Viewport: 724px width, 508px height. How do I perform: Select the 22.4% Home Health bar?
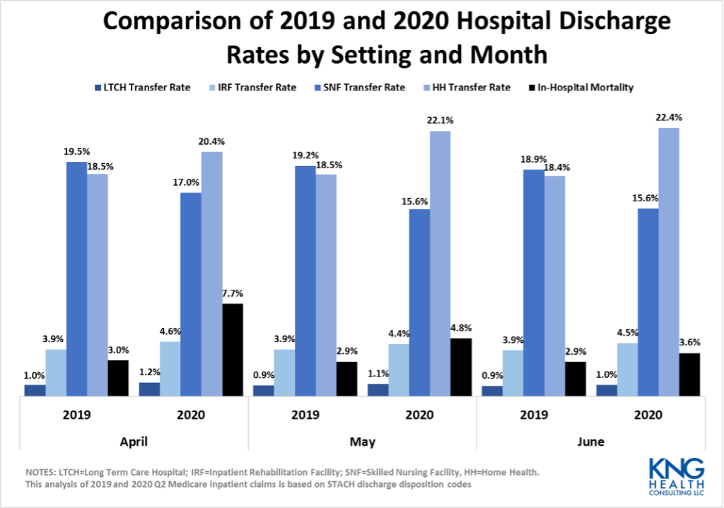click(x=669, y=261)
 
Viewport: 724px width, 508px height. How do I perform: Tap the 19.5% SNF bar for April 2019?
click(x=77, y=279)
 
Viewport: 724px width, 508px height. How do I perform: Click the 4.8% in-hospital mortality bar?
click(x=460, y=367)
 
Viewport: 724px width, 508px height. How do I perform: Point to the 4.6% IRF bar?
click(x=170, y=369)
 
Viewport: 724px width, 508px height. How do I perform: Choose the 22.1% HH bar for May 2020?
click(x=440, y=263)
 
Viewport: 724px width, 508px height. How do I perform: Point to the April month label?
click(x=134, y=442)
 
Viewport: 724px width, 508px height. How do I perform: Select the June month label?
click(x=590, y=442)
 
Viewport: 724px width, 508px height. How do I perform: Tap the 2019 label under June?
click(x=533, y=414)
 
